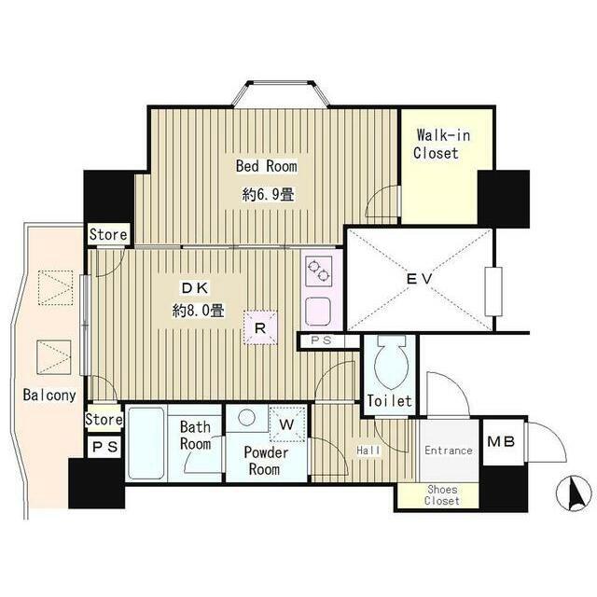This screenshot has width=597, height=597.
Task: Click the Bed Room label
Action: pyautogui.click(x=266, y=166)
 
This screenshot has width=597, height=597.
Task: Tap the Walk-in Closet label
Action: pyautogui.click(x=441, y=144)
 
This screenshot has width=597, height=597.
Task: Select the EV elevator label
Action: pyautogui.click(x=419, y=279)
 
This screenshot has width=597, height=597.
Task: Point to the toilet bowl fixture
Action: pyautogui.click(x=391, y=360)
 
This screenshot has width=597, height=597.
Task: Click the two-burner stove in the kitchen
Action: pyautogui.click(x=319, y=271)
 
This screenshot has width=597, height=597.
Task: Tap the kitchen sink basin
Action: pyautogui.click(x=318, y=312)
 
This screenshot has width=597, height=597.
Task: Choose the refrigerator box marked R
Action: pyautogui.click(x=260, y=327)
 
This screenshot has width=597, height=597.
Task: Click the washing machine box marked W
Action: pyautogui.click(x=287, y=424)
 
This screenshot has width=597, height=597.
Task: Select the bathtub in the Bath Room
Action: pyautogui.click(x=146, y=443)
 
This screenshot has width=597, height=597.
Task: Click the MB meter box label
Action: pyautogui.click(x=501, y=441)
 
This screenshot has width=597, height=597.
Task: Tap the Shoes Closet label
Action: pyautogui.click(x=442, y=495)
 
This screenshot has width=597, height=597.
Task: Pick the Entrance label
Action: pyautogui.click(x=449, y=451)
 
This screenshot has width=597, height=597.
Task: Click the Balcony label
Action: pyautogui.click(x=49, y=396)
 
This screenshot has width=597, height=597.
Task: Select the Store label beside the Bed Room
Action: pyautogui.click(x=108, y=234)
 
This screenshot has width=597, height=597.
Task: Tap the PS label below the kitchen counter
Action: pyautogui.click(x=321, y=340)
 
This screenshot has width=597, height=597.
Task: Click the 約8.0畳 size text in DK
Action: pyautogui.click(x=198, y=311)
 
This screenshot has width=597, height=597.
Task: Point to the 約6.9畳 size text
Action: pyautogui.click(x=268, y=195)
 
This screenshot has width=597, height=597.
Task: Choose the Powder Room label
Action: pyautogui.click(x=265, y=461)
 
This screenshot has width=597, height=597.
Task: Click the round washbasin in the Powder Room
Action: pyautogui.click(x=246, y=417)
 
